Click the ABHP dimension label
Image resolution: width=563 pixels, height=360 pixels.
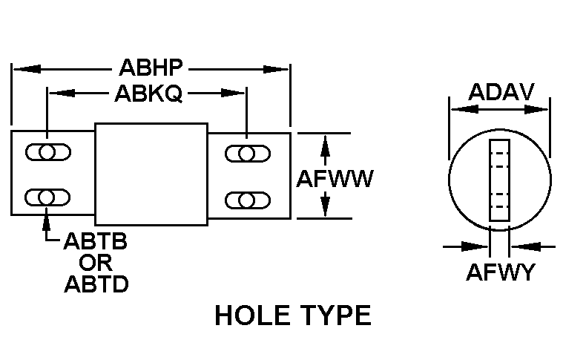(151, 69)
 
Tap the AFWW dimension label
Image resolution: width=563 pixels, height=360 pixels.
(335, 178)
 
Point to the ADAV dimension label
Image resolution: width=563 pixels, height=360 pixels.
(501, 92)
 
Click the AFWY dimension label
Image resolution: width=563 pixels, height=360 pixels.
(500, 272)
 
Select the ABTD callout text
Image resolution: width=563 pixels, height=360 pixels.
(96, 284)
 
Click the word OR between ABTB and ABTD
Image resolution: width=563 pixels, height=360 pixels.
(96, 263)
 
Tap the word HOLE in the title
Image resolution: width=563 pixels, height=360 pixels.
(251, 316)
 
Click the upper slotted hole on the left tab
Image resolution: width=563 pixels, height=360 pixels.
(48, 153)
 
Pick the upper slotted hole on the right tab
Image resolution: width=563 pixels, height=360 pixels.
(247, 154)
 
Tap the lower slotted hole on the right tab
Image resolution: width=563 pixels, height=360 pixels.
(247, 199)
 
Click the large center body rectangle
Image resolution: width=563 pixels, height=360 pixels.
(151, 174)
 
